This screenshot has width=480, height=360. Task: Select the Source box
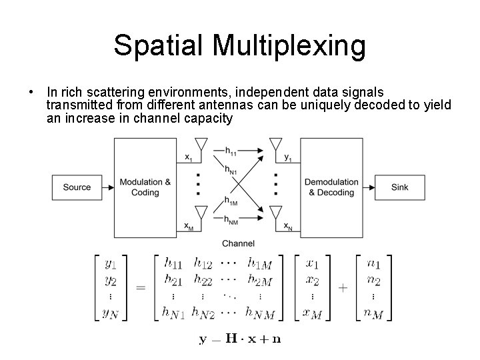[x=77, y=187]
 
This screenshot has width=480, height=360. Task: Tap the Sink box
[x=400, y=187]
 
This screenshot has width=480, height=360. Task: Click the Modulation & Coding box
[x=145, y=187]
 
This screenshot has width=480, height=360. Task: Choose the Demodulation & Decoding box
[x=331, y=187]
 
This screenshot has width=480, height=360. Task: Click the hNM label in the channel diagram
[x=232, y=220]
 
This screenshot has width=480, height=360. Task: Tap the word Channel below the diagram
[x=237, y=243]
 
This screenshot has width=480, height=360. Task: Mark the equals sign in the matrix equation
[x=141, y=287]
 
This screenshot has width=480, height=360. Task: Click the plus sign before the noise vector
[x=343, y=287]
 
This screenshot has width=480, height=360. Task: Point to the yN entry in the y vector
[x=111, y=311]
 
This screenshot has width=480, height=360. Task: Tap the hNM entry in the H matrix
[x=259, y=311]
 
